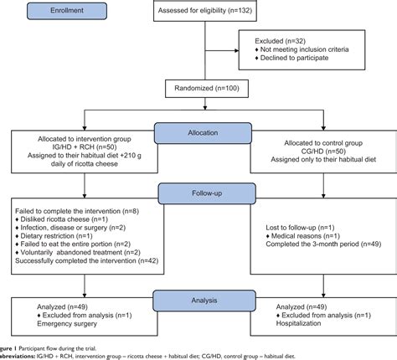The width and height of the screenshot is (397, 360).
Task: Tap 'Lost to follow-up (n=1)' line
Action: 289,228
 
